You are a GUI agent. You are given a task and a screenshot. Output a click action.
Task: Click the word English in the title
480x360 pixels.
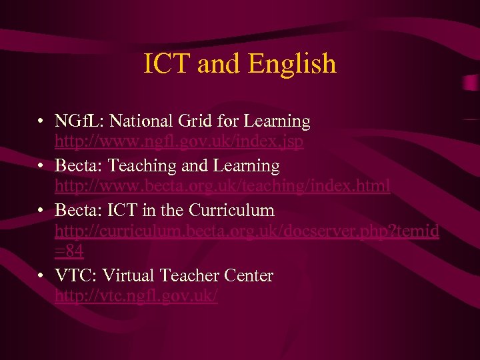292,65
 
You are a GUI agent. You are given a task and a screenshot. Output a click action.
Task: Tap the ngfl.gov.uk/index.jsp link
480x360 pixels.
179,142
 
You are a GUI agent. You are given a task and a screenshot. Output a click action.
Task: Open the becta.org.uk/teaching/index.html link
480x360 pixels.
223,186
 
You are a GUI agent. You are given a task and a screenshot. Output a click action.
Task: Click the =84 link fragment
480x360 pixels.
69,251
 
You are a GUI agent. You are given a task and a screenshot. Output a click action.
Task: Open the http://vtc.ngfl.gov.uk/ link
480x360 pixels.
136,296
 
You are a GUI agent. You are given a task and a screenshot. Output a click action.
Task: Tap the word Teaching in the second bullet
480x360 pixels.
141,165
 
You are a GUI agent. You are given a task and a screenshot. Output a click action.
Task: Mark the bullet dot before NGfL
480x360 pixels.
41,122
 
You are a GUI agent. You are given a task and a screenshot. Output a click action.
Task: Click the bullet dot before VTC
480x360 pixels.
41,276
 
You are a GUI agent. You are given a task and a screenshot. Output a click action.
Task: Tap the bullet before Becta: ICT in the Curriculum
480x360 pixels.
41,211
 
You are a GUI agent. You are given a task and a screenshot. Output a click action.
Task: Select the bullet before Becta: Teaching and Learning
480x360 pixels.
41,166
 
